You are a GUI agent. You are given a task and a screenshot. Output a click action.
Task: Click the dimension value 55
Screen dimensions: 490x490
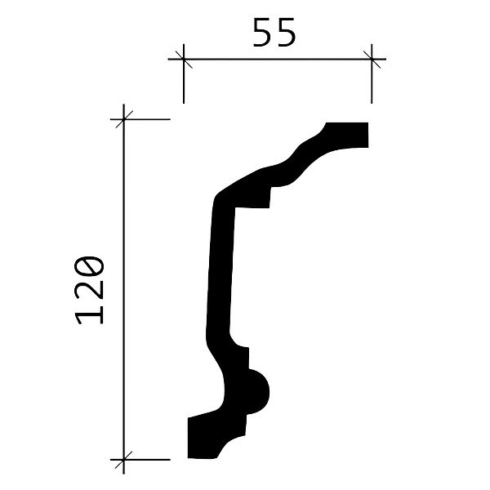click(x=274, y=33)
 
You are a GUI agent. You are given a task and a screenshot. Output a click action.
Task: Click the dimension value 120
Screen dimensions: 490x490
click(x=91, y=289)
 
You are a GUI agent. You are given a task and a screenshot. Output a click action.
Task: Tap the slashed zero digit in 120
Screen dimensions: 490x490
click(x=91, y=267)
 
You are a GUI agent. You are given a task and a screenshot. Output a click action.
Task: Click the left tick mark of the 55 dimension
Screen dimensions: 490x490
click(x=183, y=59)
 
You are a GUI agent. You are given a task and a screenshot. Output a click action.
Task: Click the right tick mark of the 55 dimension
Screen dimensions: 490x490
click(x=372, y=59)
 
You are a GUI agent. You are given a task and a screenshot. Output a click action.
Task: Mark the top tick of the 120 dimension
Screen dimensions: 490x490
click(x=123, y=119)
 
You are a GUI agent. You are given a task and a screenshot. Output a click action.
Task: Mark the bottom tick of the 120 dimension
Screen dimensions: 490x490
click(x=123, y=459)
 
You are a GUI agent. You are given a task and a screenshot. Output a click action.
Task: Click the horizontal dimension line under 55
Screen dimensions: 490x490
click(x=278, y=59)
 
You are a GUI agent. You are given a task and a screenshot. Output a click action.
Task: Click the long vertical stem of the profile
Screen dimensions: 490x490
click(x=219, y=269)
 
